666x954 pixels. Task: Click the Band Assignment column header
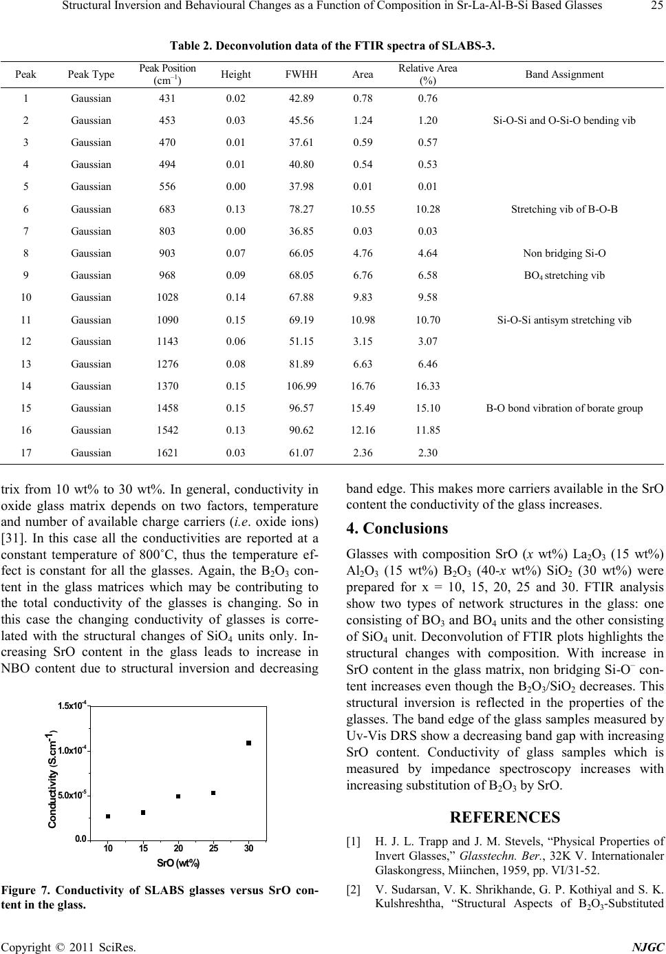(564, 74)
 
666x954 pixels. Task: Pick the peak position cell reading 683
(168, 209)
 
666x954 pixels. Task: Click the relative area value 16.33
(428, 385)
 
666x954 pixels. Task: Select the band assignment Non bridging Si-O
(564, 253)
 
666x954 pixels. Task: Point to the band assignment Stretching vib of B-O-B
(564, 209)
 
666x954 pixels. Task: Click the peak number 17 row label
(26, 452)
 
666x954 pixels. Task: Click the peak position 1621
(168, 452)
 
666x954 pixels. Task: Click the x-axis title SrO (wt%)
(178, 863)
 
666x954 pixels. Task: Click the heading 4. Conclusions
(398, 529)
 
